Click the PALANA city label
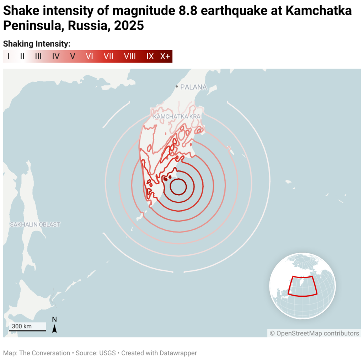(x=193, y=87)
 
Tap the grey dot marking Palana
(x=177, y=87)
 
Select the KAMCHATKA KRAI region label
(x=177, y=116)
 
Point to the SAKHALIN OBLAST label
(x=35, y=224)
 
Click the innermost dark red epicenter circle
(x=178, y=187)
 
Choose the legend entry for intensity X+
(x=165, y=56)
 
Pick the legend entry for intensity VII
(x=108, y=56)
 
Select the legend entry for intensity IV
(x=56, y=56)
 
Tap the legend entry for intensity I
(x=8, y=56)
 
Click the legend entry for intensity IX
(x=150, y=56)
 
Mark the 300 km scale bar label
(x=22, y=326)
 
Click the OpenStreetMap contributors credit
(x=314, y=333)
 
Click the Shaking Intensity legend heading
(x=37, y=44)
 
